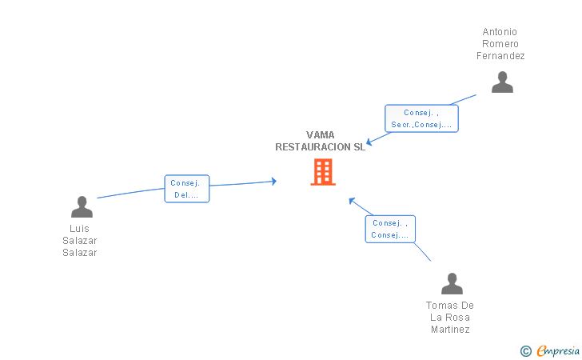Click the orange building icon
323,172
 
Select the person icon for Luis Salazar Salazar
82,206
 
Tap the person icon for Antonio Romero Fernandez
502,82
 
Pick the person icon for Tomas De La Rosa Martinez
452,283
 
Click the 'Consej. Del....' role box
187,189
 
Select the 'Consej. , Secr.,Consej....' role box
421,118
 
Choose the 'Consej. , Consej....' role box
390,229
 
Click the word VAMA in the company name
320,135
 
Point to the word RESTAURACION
313,147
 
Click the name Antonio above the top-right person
500,32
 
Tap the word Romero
500,44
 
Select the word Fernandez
500,56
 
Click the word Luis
79,229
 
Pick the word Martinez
450,330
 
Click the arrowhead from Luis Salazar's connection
274,182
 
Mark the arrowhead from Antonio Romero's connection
369,142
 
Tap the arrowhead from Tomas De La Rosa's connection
352,201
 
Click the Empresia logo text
558,351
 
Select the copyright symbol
526,351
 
